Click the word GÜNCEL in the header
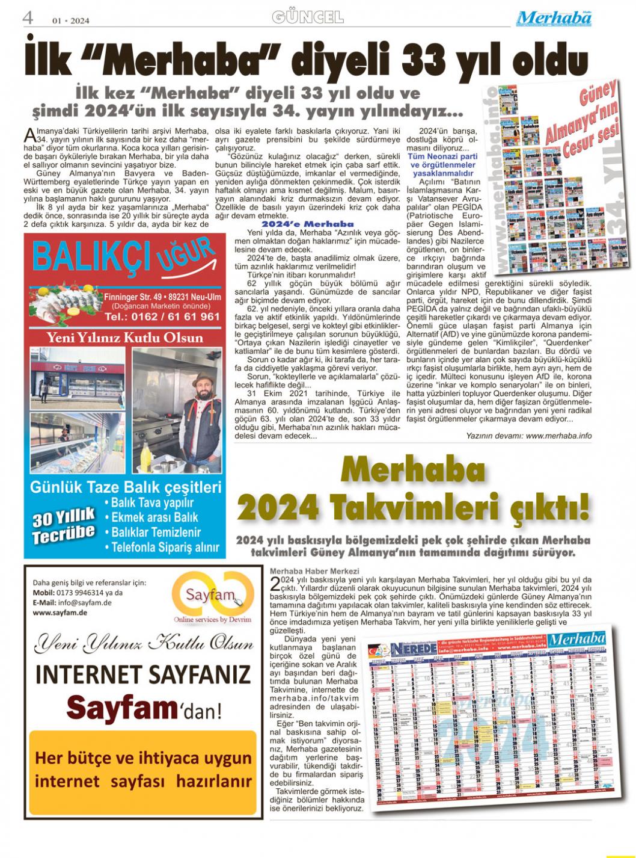click(x=308, y=17)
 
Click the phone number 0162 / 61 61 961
click(x=162, y=316)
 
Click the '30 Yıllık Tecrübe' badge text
click(x=64, y=525)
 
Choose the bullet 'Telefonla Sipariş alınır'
click(x=162, y=548)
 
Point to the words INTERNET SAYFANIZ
click(x=143, y=674)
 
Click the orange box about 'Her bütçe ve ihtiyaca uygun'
click(x=143, y=770)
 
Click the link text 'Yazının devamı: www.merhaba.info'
click(x=528, y=436)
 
